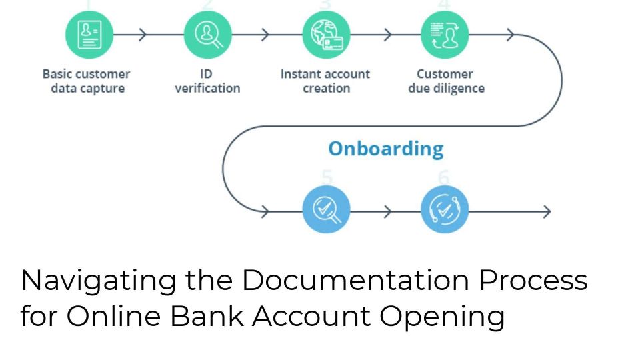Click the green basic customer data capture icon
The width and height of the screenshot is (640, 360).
coord(89,35)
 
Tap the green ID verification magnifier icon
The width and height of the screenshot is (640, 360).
coord(207,35)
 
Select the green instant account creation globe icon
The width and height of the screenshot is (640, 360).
coord(326,35)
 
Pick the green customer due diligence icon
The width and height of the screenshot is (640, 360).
coord(444,35)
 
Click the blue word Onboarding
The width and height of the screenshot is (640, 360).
coord(385,149)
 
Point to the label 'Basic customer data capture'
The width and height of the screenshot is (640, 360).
coord(87,81)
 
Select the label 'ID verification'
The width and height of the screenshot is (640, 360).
coord(207,81)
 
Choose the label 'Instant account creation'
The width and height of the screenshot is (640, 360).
coord(325,81)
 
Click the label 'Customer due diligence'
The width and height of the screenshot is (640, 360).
coord(445,81)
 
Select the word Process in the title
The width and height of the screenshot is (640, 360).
coord(533,281)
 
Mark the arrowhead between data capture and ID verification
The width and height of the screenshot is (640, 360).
coord(142,35)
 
